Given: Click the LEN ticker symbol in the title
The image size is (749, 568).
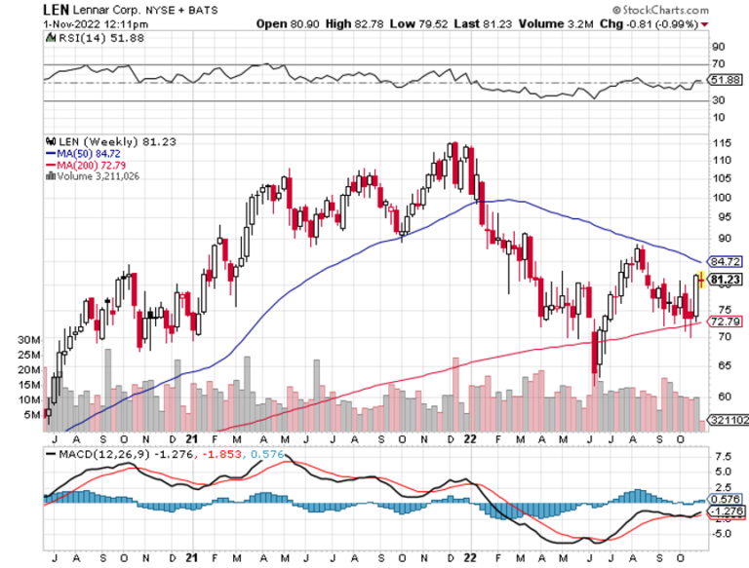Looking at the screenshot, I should coord(54,8).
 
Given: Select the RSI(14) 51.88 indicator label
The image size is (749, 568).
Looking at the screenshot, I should coord(84,37).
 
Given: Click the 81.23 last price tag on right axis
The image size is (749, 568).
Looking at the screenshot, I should coord(726,280).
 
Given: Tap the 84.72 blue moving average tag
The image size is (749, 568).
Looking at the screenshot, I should coord(726,261).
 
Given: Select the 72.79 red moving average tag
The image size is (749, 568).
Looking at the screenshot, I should coord(726,321).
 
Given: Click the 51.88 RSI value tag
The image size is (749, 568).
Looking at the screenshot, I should coord(727,80).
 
